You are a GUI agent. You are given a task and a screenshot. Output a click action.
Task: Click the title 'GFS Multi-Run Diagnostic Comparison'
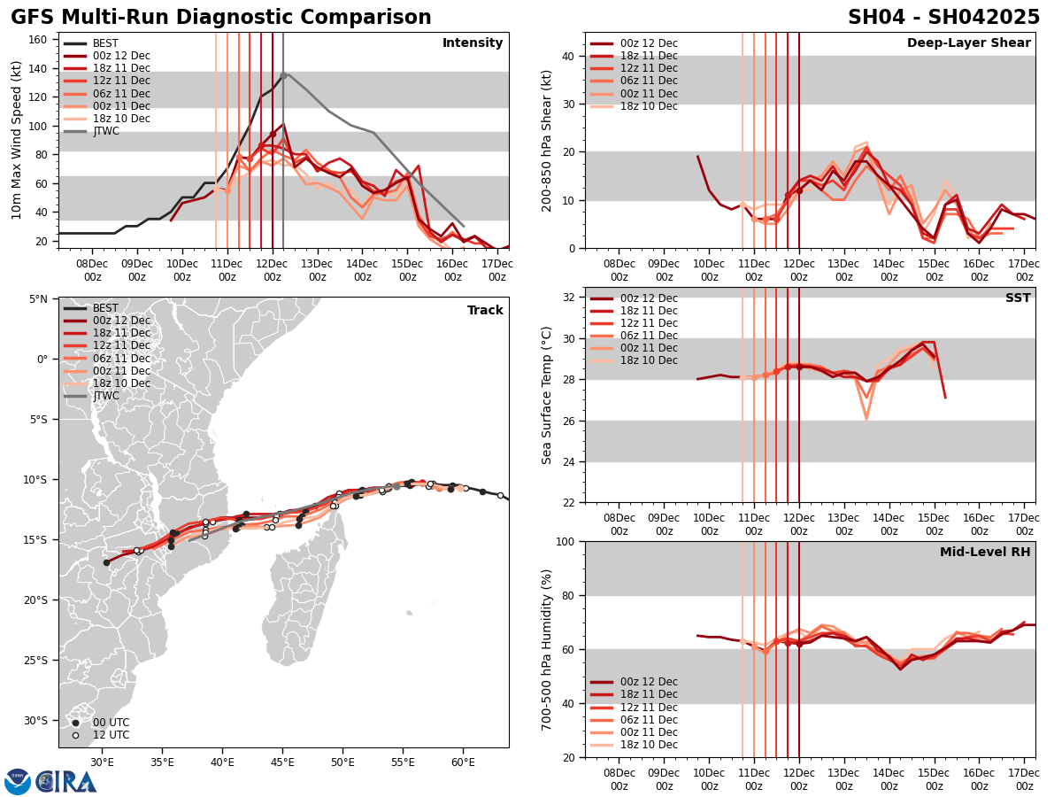pyautogui.click(x=221, y=18)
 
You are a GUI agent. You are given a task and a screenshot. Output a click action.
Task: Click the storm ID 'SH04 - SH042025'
pyautogui.click(x=943, y=18)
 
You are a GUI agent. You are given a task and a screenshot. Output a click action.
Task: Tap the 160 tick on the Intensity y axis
pyautogui.click(x=39, y=40)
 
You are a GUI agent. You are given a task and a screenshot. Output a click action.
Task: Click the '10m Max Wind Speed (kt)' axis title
pyautogui.click(x=17, y=140)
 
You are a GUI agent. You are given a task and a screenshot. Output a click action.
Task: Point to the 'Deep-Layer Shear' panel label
pyautogui.click(x=968, y=43)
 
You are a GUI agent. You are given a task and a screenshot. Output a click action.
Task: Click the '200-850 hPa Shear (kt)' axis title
pyautogui.click(x=547, y=140)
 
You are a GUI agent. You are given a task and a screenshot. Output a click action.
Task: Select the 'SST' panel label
pyautogui.click(x=1017, y=298)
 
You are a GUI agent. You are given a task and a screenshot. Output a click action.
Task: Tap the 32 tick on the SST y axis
pyautogui.click(x=570, y=298)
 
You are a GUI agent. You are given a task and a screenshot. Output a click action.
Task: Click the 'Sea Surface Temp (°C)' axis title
pyautogui.click(x=547, y=395)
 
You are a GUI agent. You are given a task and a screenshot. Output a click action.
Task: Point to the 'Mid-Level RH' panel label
pyautogui.click(x=985, y=553)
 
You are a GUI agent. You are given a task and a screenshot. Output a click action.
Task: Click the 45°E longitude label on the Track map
pyautogui.click(x=282, y=762)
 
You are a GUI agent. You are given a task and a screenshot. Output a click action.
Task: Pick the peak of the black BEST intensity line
pyautogui.click(x=283, y=74)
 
